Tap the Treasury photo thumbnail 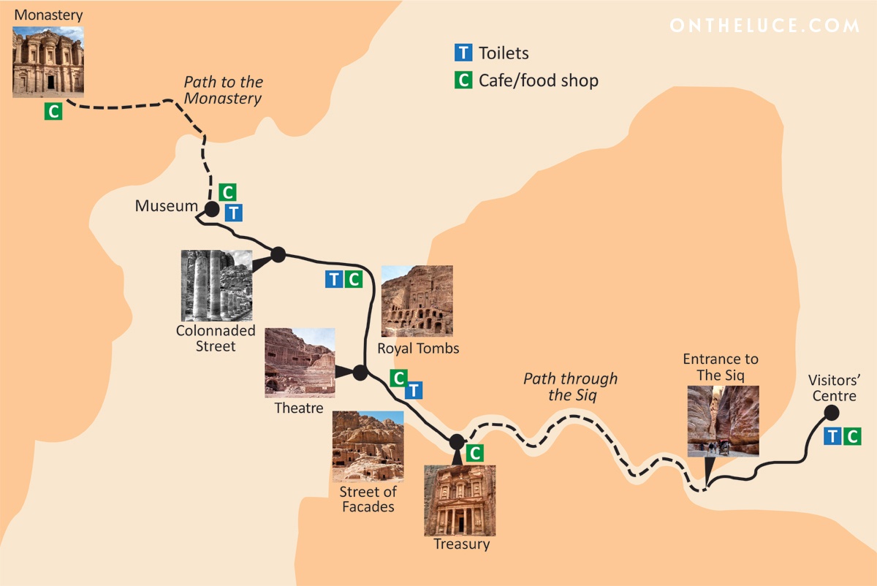(x=460, y=501)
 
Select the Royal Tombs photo (x=417, y=301)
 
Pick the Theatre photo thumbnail (x=300, y=362)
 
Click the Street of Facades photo (x=368, y=446)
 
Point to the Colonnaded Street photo (x=217, y=286)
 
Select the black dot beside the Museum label (x=211, y=210)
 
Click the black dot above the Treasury (x=457, y=441)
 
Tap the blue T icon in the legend (x=463, y=53)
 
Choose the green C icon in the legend (x=463, y=80)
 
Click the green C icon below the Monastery (x=53, y=112)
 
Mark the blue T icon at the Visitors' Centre (x=833, y=437)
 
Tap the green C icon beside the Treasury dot (x=475, y=453)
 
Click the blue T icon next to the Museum (x=233, y=213)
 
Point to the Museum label (x=166, y=207)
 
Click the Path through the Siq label (x=570, y=387)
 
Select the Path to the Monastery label (x=223, y=90)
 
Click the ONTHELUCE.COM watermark (x=764, y=26)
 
